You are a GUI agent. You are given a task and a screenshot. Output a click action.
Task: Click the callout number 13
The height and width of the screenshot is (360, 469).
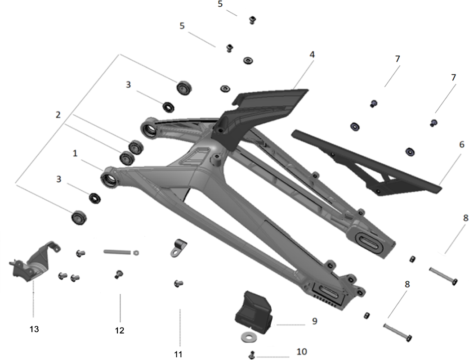pos(34,329)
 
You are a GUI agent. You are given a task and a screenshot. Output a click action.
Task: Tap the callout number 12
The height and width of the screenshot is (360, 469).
pos(119,330)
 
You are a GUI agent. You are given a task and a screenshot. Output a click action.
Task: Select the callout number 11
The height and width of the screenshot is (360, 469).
pos(178,354)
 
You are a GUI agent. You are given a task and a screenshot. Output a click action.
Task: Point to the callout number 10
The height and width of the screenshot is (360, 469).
pos(301,351)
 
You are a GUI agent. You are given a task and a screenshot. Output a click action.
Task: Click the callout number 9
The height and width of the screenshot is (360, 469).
pos(315,321)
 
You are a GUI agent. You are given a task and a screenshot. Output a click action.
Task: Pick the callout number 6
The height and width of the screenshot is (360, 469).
pos(462,144)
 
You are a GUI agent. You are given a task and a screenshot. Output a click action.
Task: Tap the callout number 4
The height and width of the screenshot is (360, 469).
pos(312,54)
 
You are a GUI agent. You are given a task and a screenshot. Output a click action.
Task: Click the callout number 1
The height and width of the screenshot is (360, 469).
pos(75,153)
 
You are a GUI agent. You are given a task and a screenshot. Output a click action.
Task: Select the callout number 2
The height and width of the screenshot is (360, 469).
pos(58,115)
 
